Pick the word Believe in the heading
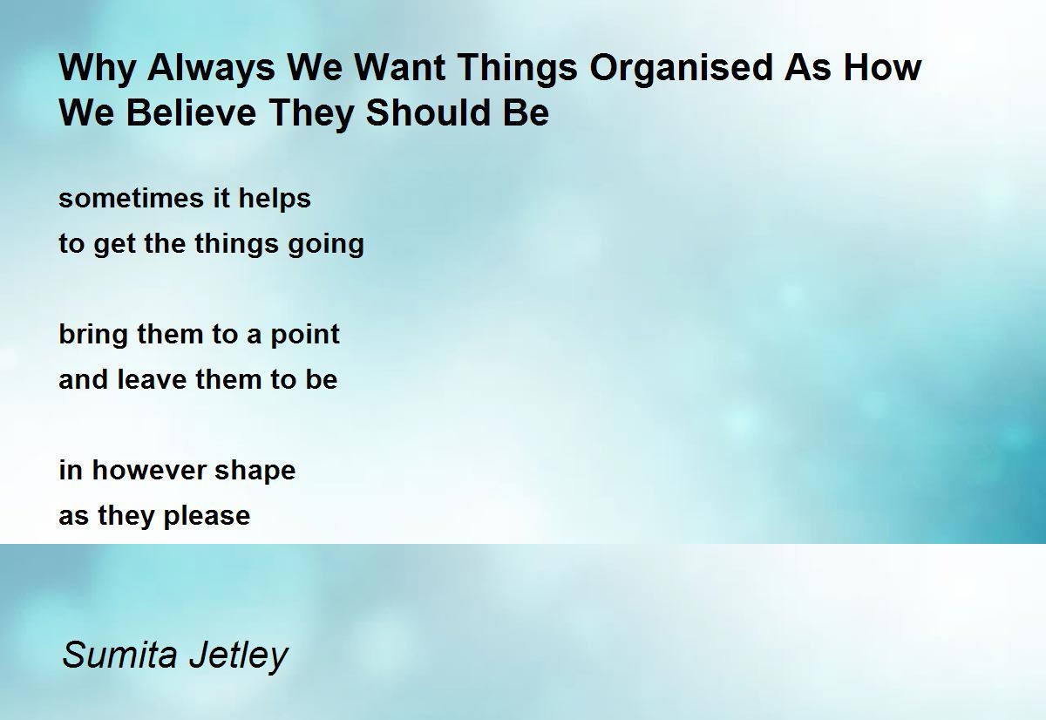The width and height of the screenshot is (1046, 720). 192,112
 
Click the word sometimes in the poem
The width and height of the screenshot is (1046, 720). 132,198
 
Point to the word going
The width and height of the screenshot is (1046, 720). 326,245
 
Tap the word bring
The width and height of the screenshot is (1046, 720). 93,336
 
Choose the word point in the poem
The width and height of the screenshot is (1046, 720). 305,336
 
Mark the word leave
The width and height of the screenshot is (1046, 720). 152,379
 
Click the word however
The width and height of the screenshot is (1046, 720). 149,470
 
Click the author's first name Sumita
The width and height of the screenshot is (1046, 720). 119,655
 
